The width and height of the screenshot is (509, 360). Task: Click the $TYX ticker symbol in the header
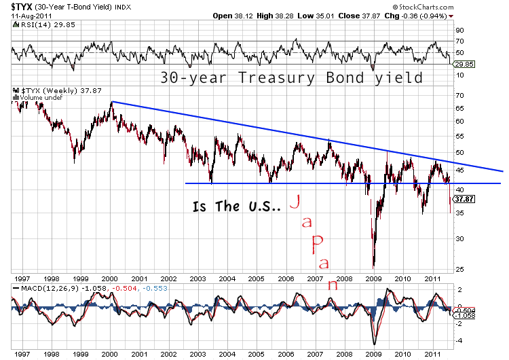coord(22,7)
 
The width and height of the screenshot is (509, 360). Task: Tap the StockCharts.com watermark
coord(423,7)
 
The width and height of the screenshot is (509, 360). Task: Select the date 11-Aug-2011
coord(31,16)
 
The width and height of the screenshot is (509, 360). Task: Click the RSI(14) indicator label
coord(36,25)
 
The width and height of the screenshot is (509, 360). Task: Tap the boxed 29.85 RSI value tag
coord(464,65)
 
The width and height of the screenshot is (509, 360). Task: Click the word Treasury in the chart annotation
coord(276,78)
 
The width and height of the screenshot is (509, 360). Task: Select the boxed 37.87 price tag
coord(464,199)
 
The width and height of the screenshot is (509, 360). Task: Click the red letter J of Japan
coord(295,202)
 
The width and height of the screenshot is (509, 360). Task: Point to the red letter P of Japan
coord(317,245)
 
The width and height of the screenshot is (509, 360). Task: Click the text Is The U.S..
coord(236,206)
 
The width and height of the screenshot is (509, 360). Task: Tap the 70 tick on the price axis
coord(460,96)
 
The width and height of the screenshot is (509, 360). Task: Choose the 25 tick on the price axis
coord(460,270)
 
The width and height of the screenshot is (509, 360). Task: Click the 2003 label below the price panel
coord(197,278)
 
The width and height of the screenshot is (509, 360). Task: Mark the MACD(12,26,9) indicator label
coord(50,288)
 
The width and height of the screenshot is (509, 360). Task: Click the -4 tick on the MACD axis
coord(459,341)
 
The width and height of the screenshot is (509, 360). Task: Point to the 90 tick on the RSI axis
coord(460,30)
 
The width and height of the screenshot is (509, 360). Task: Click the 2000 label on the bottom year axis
coord(110,354)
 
